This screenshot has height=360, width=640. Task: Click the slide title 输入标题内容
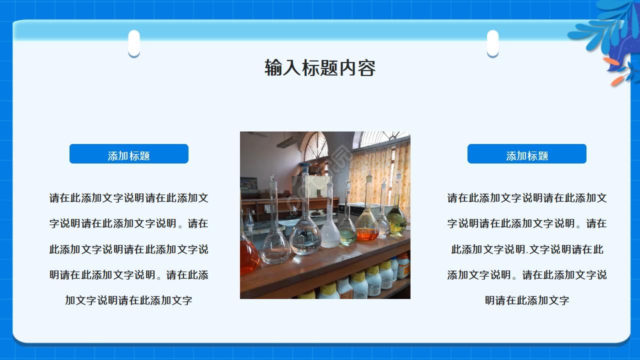(320, 68)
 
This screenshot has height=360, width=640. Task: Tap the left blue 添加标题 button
(129, 154)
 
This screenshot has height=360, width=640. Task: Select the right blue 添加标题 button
(526, 154)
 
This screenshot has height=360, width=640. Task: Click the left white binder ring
(134, 43)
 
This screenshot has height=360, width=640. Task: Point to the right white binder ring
(492, 43)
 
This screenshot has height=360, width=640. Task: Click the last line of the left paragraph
(129, 300)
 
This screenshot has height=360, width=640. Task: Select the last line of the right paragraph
(527, 300)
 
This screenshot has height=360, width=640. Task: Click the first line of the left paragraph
(129, 198)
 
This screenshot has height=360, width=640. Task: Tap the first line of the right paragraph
(527, 198)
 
